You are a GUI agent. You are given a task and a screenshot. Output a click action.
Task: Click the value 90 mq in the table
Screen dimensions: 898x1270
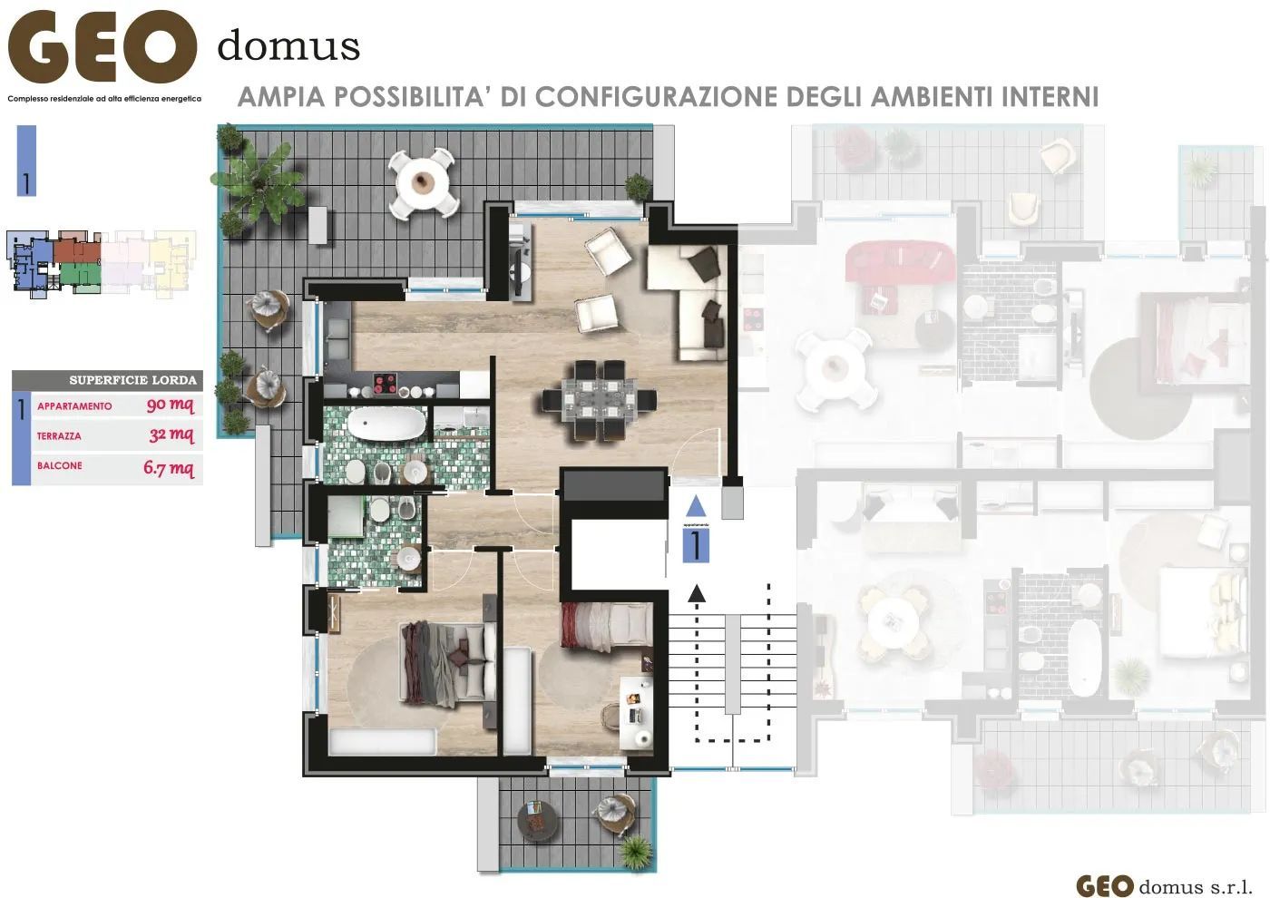pos(170,405)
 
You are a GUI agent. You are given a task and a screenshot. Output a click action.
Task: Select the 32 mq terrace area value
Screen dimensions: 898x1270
pos(171,435)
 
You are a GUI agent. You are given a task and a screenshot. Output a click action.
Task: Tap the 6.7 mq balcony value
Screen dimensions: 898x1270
pos(169,468)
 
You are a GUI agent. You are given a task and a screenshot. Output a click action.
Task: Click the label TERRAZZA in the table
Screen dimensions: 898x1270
pos(59,436)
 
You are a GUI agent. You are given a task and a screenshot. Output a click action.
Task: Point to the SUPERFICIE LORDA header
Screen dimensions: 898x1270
pos(132,380)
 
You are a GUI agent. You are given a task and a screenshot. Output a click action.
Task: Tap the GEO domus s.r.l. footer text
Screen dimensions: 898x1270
pos(1164,885)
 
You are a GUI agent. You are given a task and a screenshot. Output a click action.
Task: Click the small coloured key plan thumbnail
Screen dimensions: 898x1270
pos(101,264)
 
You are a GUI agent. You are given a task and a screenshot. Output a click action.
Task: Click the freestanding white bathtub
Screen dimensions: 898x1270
pos(386,425)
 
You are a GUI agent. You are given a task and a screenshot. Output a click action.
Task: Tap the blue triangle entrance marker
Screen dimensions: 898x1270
pos(695,505)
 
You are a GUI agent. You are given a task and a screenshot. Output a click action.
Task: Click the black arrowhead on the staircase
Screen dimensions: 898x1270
pos(696,593)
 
